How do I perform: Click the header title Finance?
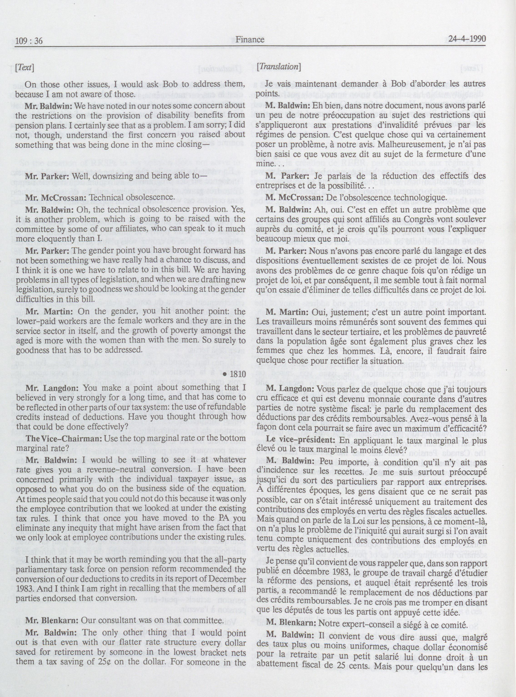(x=250, y=39)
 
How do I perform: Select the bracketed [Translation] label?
(x=279, y=67)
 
